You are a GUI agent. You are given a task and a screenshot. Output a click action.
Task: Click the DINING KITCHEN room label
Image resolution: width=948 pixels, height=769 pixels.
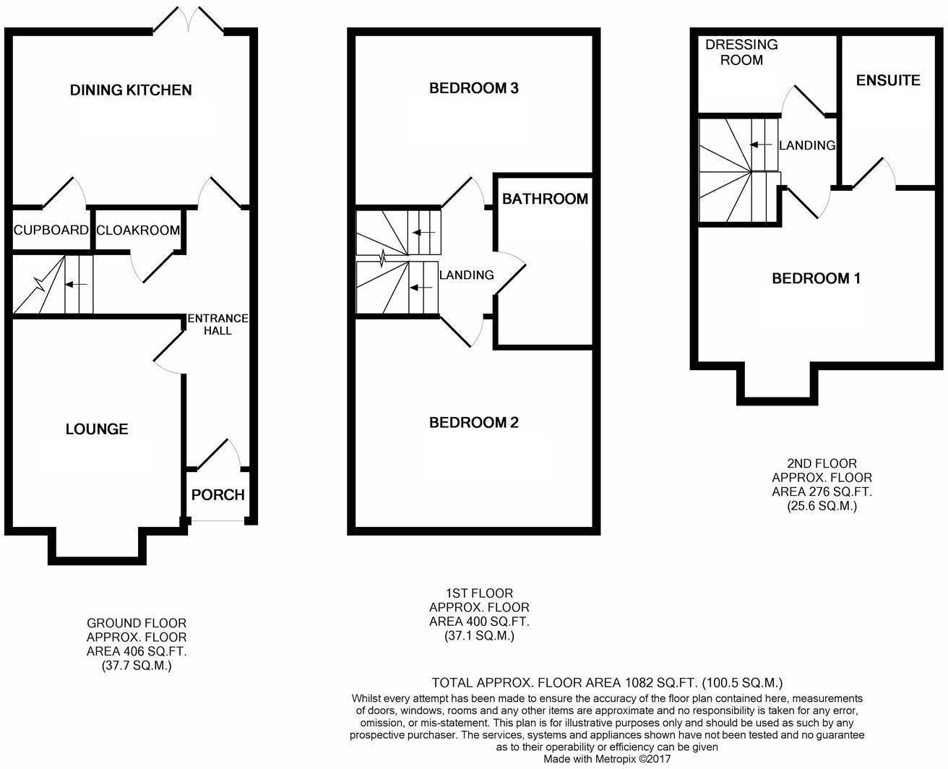click(131, 90)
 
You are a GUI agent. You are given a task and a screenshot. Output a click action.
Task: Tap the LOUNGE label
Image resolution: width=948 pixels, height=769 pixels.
click(97, 429)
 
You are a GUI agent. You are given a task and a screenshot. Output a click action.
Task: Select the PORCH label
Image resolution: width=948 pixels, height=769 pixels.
click(217, 495)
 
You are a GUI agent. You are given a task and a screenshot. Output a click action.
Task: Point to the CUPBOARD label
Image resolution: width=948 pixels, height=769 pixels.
click(51, 231)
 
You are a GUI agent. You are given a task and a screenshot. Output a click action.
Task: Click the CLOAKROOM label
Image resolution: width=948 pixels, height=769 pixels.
click(137, 231)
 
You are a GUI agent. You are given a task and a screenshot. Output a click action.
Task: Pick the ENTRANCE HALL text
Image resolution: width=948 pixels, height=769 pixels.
click(217, 325)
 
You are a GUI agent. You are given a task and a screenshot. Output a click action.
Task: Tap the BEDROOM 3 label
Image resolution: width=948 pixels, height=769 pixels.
click(474, 89)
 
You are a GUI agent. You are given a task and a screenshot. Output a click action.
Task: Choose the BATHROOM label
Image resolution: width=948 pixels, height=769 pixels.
click(545, 199)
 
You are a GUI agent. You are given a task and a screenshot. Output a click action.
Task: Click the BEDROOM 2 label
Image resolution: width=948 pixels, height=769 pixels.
click(474, 423)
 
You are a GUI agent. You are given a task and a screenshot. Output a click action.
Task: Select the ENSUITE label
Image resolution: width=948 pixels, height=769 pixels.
click(888, 80)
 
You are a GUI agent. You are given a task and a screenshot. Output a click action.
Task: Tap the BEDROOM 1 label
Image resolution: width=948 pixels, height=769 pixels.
click(816, 279)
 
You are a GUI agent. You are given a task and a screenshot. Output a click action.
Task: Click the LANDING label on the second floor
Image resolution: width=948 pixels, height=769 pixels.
click(807, 145)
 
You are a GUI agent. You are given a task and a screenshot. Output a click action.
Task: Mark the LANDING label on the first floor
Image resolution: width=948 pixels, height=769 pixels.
click(467, 275)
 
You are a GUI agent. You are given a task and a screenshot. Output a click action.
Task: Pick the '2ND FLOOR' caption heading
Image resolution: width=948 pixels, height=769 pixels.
click(822, 464)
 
